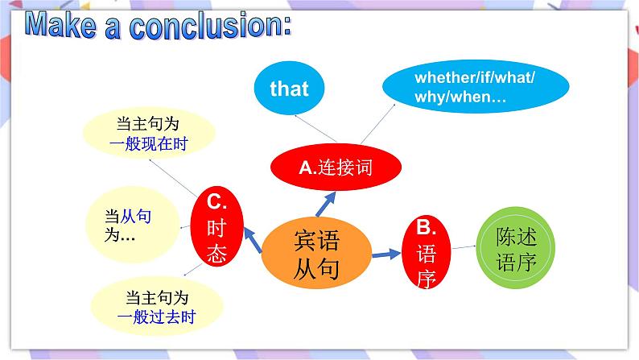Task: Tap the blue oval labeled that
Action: pos(289,88)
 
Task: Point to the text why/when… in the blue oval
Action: pos(460,98)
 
